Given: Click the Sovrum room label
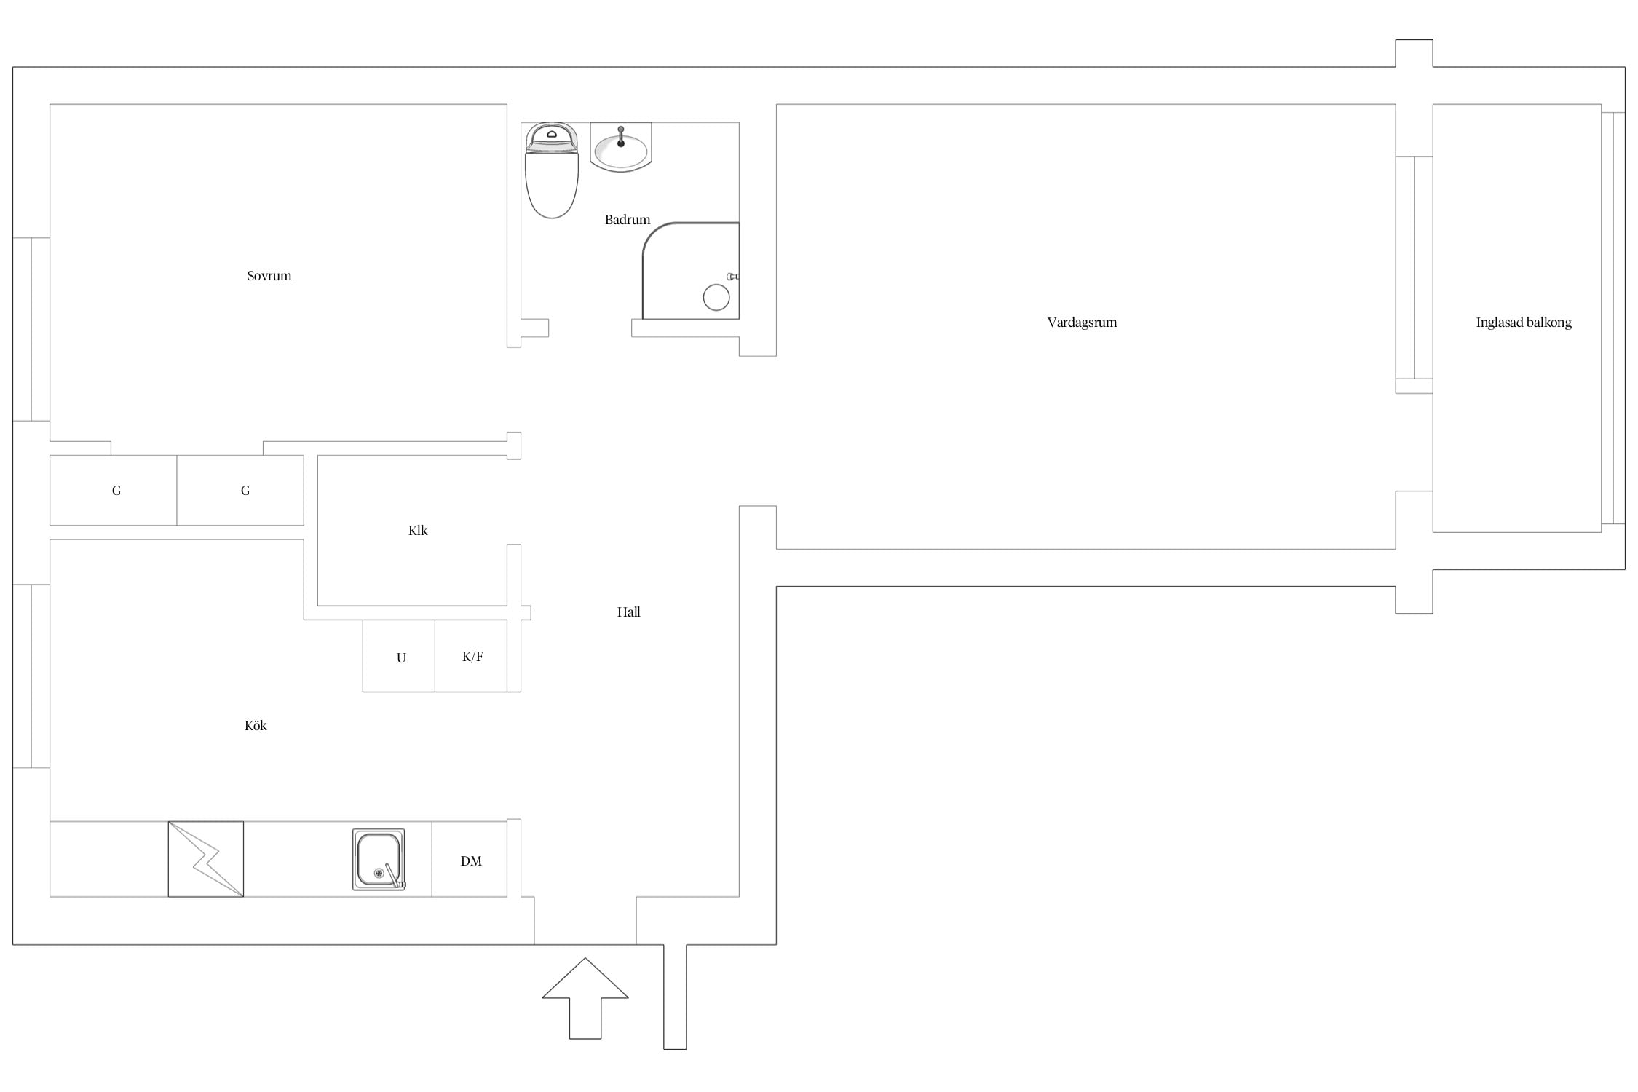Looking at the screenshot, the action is pyautogui.click(x=269, y=276).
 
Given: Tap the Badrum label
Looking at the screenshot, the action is pyautogui.click(x=627, y=220).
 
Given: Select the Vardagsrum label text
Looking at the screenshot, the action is pyautogui.click(x=1081, y=323).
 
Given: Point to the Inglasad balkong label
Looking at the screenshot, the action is pyautogui.click(x=1523, y=323).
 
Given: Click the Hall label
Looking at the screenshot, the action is pyautogui.click(x=628, y=612).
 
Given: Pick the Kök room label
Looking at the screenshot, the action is pyautogui.click(x=256, y=726).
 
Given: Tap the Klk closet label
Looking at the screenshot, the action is pyautogui.click(x=418, y=531).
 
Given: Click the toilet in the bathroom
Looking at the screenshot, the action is pyautogui.click(x=552, y=170).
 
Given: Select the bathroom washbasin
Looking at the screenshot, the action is pyautogui.click(x=620, y=146).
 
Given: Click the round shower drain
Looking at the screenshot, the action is pyautogui.click(x=716, y=297).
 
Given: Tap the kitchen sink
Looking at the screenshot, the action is pyautogui.click(x=379, y=859).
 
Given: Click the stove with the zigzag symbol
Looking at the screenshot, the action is pyautogui.click(x=206, y=859).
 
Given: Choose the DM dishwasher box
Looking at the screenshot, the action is pyautogui.click(x=470, y=859).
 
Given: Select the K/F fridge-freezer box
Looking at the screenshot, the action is pyautogui.click(x=471, y=656).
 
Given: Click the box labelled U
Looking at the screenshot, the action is pyautogui.click(x=399, y=656).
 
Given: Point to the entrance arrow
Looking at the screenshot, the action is pyautogui.click(x=585, y=998).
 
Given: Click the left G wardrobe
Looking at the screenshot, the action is pyautogui.click(x=113, y=490).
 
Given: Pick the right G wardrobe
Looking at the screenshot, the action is pyautogui.click(x=240, y=490).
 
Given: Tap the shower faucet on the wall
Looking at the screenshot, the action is pyautogui.click(x=733, y=277).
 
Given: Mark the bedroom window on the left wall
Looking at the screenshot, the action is pyautogui.click(x=31, y=329).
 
